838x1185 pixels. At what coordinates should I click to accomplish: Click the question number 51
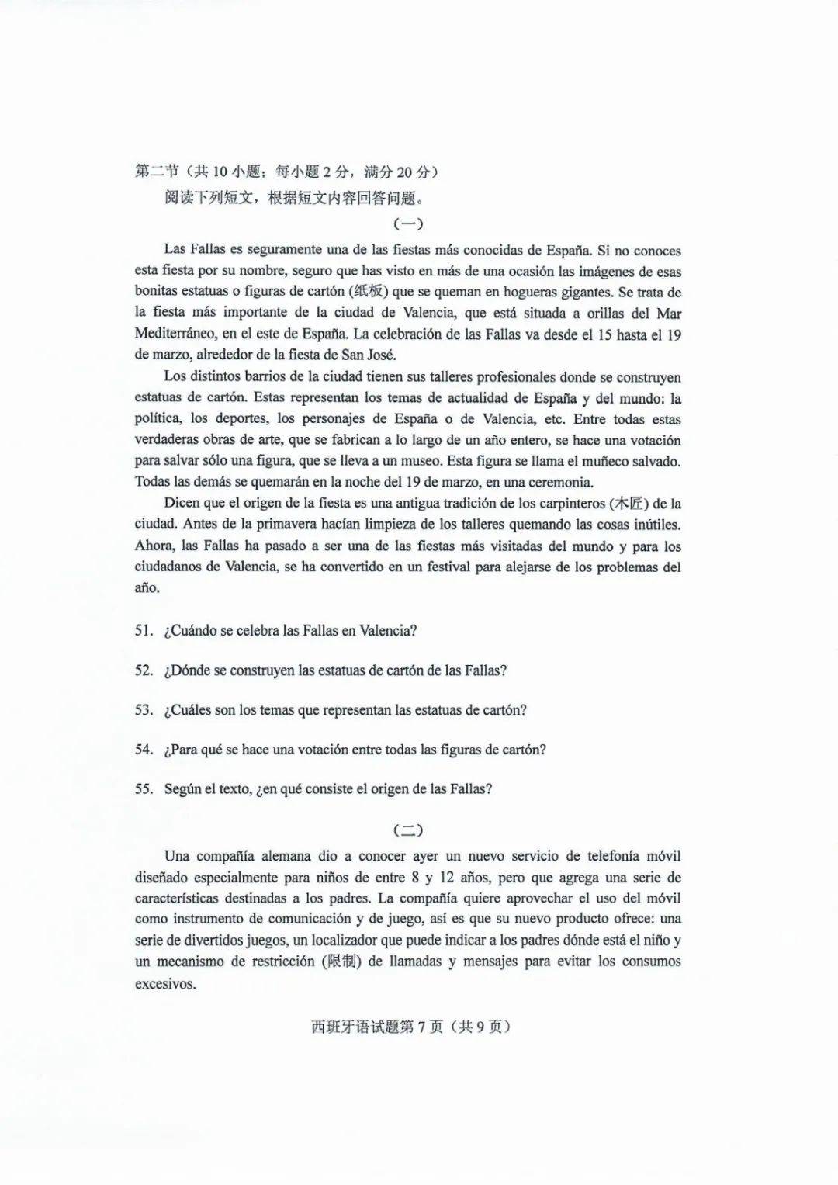(x=143, y=631)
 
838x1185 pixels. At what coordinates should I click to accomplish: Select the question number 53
(x=143, y=710)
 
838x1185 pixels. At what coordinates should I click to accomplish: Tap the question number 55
(x=143, y=789)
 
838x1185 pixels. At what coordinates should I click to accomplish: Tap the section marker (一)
(x=408, y=224)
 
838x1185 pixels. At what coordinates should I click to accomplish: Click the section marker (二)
(x=408, y=830)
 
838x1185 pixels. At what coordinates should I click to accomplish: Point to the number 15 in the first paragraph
(x=605, y=334)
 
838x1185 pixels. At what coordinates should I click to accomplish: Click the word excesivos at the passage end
(x=164, y=984)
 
